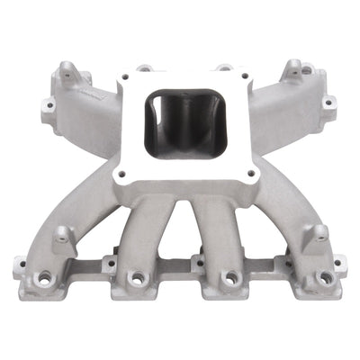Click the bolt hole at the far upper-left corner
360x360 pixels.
[x=49, y=105]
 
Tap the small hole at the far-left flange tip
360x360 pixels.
[x=21, y=265]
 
